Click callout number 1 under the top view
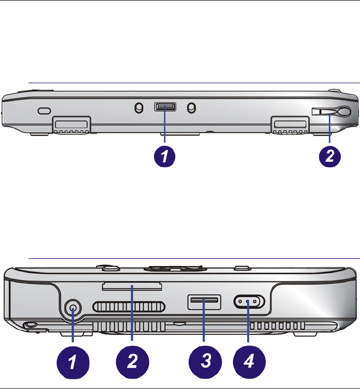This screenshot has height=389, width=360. tap(164, 157)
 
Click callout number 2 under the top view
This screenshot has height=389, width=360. tap(330, 157)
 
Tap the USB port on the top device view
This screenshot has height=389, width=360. tap(165, 107)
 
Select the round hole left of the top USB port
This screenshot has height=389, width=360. tap(139, 108)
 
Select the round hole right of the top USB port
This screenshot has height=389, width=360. tap(191, 108)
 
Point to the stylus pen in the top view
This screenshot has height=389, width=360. tap(331, 112)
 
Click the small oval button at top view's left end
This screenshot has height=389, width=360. tap(44, 111)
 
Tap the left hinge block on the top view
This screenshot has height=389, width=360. tap(71, 125)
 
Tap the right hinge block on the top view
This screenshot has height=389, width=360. tap(290, 125)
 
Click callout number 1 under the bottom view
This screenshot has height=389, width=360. tap(73, 362)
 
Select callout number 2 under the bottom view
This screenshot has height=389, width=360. tap(133, 362)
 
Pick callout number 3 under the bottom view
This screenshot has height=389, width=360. tap(205, 361)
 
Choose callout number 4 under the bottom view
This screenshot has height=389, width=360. tap(249, 361)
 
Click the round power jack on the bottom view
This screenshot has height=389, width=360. tap(73, 308)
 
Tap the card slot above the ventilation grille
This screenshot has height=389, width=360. tap(132, 286)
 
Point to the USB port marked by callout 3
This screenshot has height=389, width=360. tap(204, 302)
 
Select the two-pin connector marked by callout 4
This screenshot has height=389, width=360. tap(249, 301)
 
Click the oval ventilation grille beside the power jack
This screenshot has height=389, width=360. tap(129, 307)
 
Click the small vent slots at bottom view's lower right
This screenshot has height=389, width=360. tap(277, 325)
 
